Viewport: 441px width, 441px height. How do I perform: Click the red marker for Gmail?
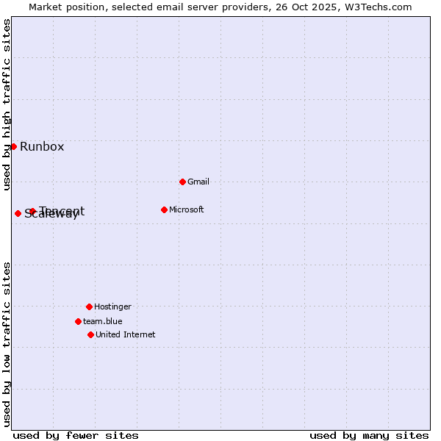point(182,182)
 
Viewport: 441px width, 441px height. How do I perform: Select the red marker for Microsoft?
point(164,209)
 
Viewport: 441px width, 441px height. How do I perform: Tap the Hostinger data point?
point(89,306)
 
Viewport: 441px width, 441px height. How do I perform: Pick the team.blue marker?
point(78,321)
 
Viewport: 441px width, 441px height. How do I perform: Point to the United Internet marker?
point(90,334)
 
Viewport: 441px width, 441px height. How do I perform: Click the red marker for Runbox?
point(13,146)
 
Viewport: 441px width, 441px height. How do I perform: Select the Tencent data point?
point(32,211)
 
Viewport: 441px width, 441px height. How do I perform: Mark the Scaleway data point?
point(18,213)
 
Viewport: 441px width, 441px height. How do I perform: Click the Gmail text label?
point(198,182)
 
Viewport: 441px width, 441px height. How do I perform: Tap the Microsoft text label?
point(187,209)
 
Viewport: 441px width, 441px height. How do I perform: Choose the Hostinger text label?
point(112,306)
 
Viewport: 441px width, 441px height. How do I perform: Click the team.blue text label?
point(103,321)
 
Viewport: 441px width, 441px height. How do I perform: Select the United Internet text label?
point(126,334)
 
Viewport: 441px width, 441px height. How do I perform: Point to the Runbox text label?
point(42,146)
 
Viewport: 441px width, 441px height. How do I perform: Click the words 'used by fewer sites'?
point(76,435)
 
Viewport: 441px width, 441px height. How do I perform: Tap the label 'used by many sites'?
point(369,435)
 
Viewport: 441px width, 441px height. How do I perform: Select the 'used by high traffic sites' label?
point(7,104)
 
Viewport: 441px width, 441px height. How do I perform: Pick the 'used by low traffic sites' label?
point(7,343)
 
